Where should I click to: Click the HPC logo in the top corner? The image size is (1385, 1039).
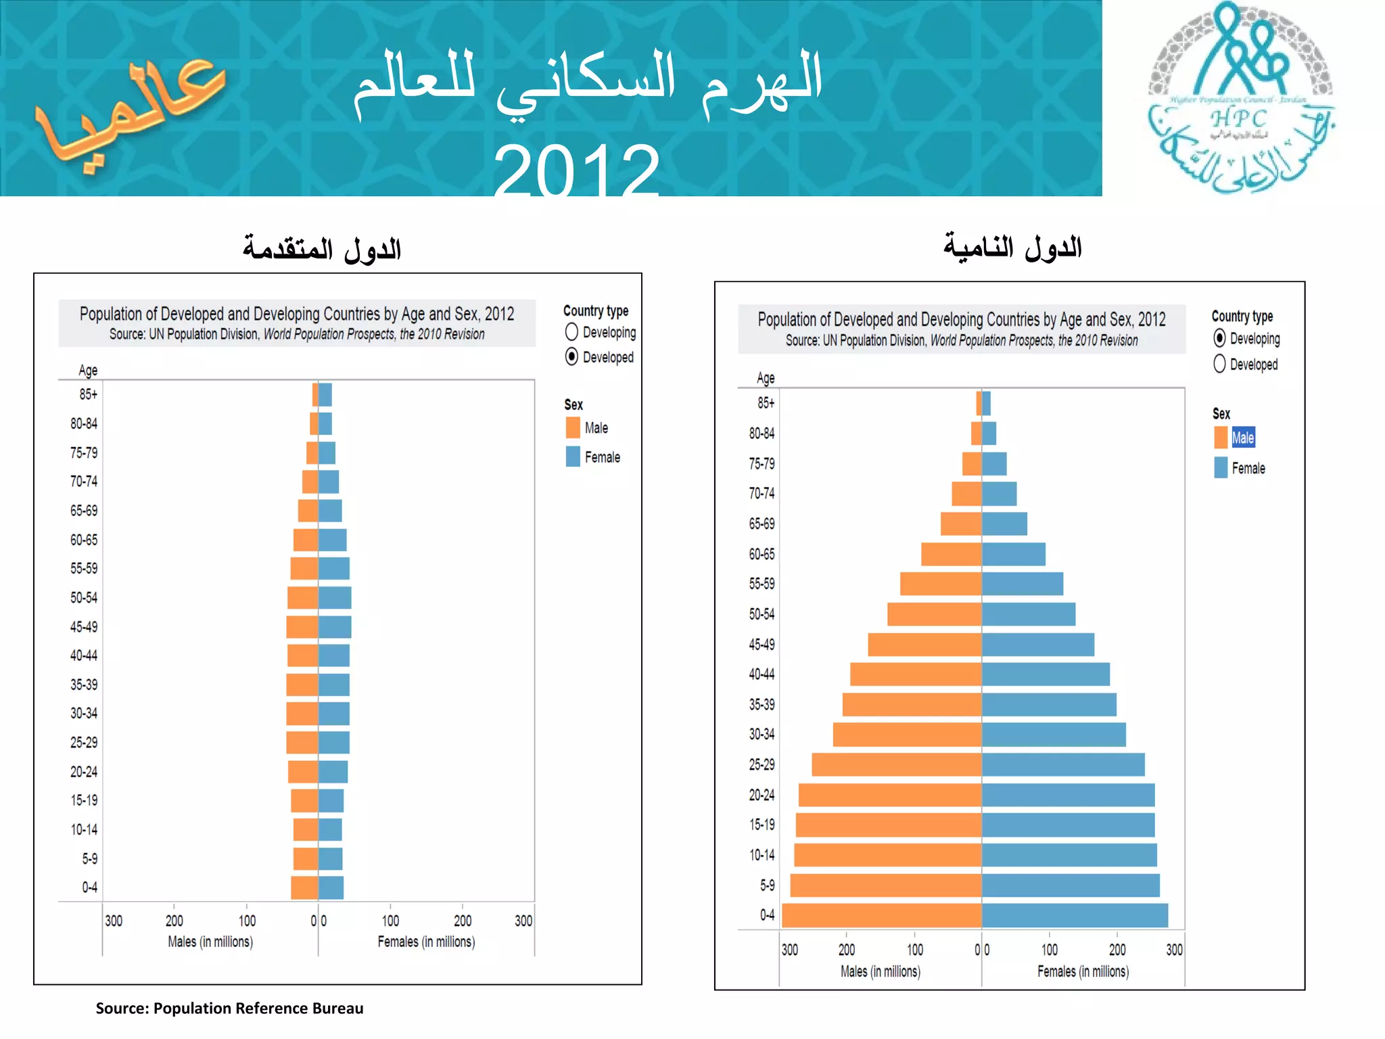point(1242,98)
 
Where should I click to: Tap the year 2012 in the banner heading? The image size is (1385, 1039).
point(576,169)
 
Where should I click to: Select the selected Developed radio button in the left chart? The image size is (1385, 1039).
point(572,356)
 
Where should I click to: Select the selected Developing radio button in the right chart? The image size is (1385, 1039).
point(1219,338)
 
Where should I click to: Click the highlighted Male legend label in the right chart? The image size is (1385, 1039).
point(1243,438)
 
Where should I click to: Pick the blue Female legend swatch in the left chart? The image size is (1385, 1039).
point(573,457)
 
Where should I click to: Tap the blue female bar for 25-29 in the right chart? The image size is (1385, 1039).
point(1063,764)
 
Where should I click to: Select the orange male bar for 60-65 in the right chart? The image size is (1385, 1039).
point(952,554)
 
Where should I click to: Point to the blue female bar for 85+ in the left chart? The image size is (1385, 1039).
point(325,394)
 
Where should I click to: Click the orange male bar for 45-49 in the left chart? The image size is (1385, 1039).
point(302,627)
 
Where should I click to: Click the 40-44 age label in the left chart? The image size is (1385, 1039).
point(84,655)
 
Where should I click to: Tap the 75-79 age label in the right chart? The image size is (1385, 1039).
point(761,463)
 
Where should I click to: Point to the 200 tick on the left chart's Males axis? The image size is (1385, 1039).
point(174,921)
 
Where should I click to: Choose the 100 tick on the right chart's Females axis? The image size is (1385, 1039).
point(1050,950)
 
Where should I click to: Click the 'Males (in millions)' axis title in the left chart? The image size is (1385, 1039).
point(210,942)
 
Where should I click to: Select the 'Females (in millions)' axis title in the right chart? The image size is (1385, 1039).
point(1083,971)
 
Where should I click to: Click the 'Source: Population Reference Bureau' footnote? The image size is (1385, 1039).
point(229,1008)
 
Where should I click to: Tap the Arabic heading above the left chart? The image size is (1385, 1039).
point(322,249)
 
